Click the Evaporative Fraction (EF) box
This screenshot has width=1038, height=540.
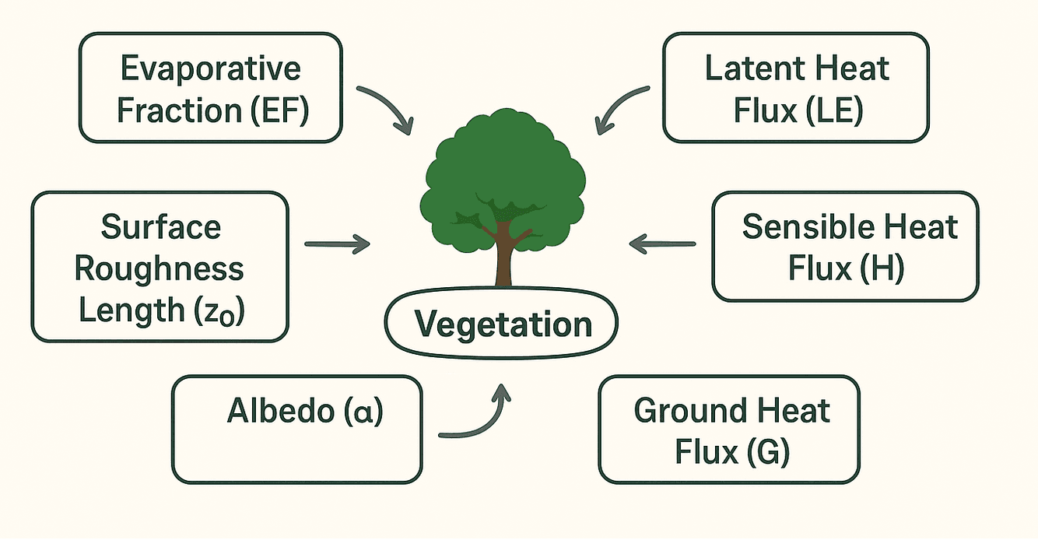pos(210,88)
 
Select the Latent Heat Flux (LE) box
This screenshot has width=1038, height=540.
pos(795,88)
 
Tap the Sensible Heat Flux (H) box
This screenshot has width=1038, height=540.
pos(845,247)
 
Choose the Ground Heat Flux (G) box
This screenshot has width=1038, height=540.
pos(729,430)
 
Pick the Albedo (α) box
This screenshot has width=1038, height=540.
pos(297,430)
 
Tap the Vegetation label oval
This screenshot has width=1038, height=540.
pos(502,324)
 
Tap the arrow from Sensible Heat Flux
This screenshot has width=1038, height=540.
pos(662,244)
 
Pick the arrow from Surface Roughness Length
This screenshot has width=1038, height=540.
pos(337,244)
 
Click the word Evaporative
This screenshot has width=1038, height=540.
pos(210,68)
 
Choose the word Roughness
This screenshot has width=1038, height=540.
pos(160,269)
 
